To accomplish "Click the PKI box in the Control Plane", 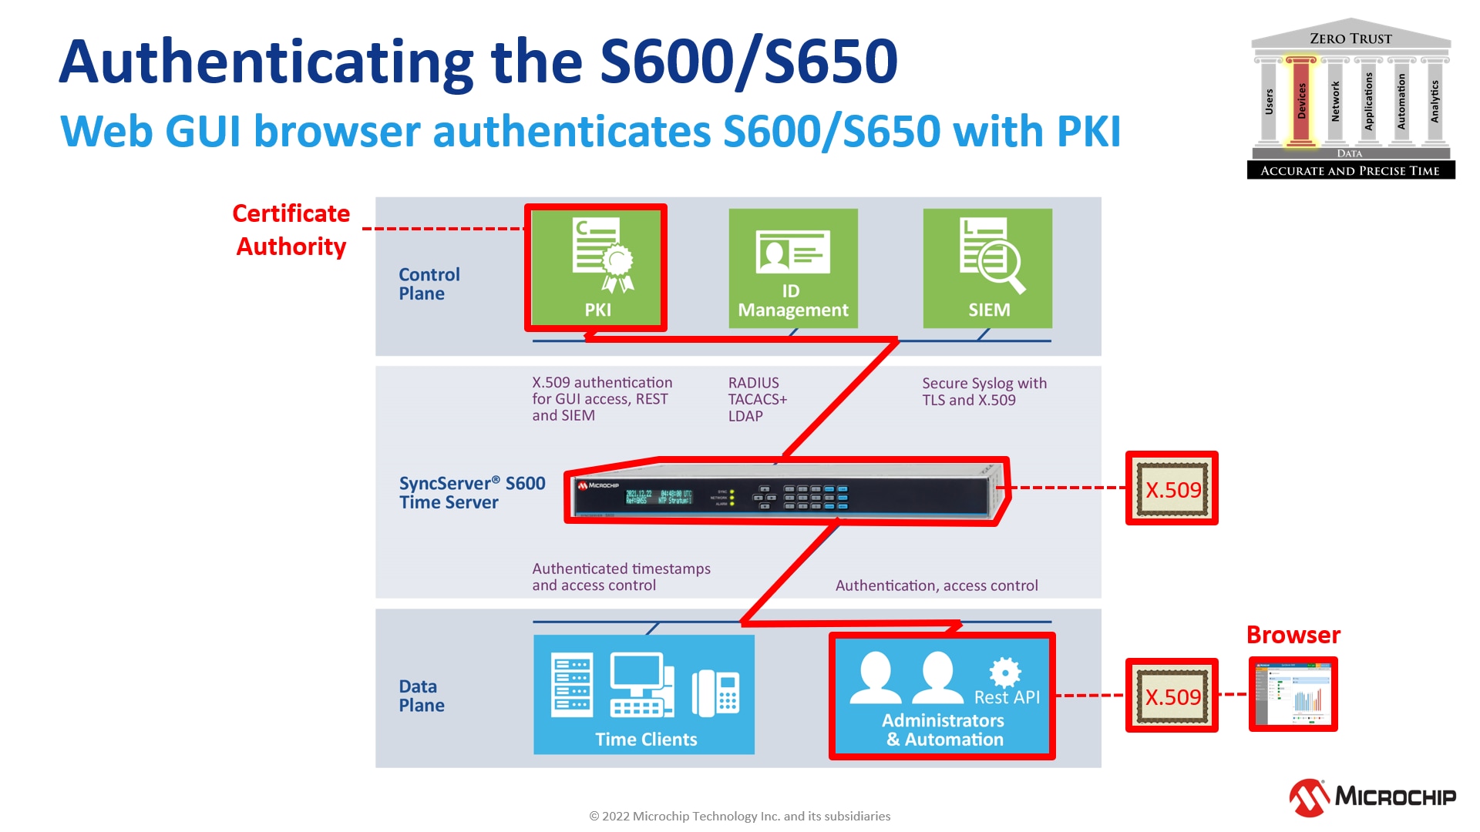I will coord(596,267).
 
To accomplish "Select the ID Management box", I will coord(792,268).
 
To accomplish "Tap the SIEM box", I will coord(987,268).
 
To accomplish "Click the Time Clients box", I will coord(644,694).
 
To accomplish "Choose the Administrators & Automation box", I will coord(941,696).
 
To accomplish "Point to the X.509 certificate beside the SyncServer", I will coord(1172,488).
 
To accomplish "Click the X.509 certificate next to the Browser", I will coord(1172,696).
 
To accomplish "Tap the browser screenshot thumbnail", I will coord(1293,694).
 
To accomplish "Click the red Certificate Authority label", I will coord(291,230).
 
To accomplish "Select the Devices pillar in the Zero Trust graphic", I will coord(1301,101).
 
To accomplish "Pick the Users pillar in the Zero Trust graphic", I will coord(1269,101).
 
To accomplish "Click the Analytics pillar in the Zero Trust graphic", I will coord(1434,101).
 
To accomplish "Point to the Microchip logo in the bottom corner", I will coord(1372,797).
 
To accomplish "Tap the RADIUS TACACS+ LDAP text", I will coord(757,399).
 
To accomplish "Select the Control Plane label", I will coord(429,284).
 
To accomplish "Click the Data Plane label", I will coord(422,696).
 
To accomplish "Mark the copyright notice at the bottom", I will coord(739,816).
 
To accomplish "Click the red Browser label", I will coord(1293,635).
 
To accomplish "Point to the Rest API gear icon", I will coord(1005,672).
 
